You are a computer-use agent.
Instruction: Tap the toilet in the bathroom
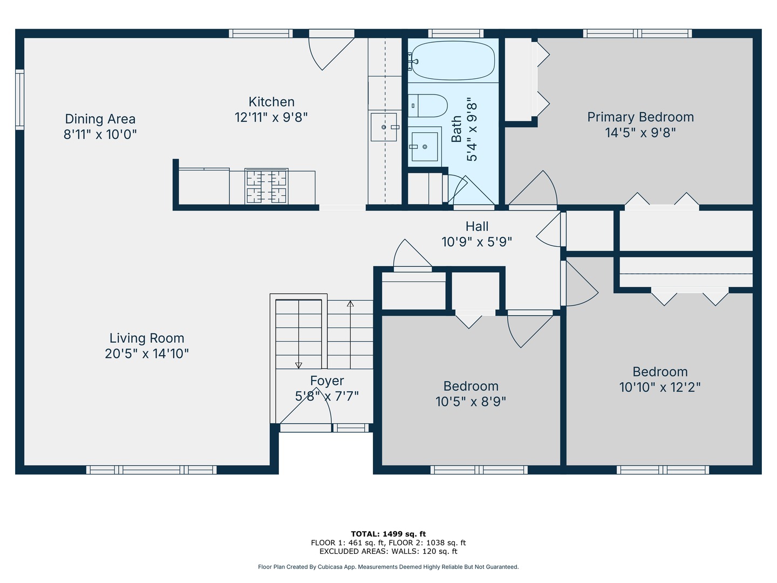[x=427, y=106]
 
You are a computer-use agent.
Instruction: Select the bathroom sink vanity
[x=425, y=144]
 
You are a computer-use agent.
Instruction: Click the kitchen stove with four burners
[x=266, y=186]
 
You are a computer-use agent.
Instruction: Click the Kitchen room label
[x=271, y=102]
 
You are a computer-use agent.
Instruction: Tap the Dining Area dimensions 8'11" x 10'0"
[x=100, y=134]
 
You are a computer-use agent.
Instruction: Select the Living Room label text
[x=147, y=338]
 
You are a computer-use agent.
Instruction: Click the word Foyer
[x=327, y=381]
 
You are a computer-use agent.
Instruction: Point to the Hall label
[x=477, y=227]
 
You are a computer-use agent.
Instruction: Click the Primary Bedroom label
[x=640, y=117]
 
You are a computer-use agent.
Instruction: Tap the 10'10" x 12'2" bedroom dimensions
[x=660, y=387]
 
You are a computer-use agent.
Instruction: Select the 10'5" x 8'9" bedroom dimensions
[x=471, y=402]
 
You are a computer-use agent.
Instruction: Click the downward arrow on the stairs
[x=298, y=365]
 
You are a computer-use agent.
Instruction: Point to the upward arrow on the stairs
[x=350, y=304]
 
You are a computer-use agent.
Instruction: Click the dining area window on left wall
[x=20, y=100]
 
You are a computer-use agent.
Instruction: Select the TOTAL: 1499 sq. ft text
[x=388, y=534]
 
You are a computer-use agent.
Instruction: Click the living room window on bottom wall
[x=151, y=470]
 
